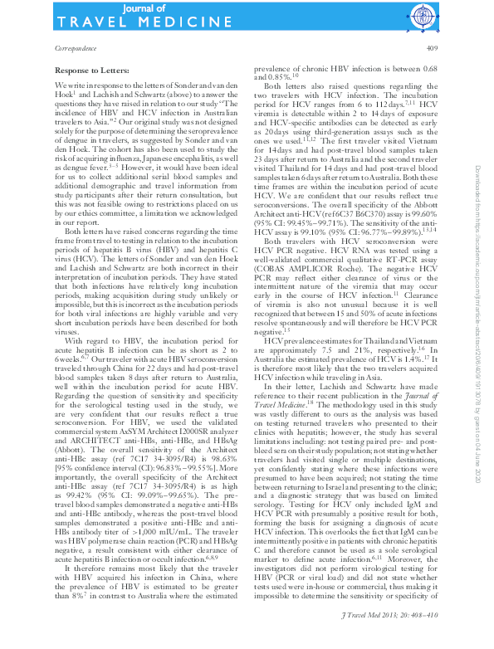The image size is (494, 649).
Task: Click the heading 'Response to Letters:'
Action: (x=89, y=72)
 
